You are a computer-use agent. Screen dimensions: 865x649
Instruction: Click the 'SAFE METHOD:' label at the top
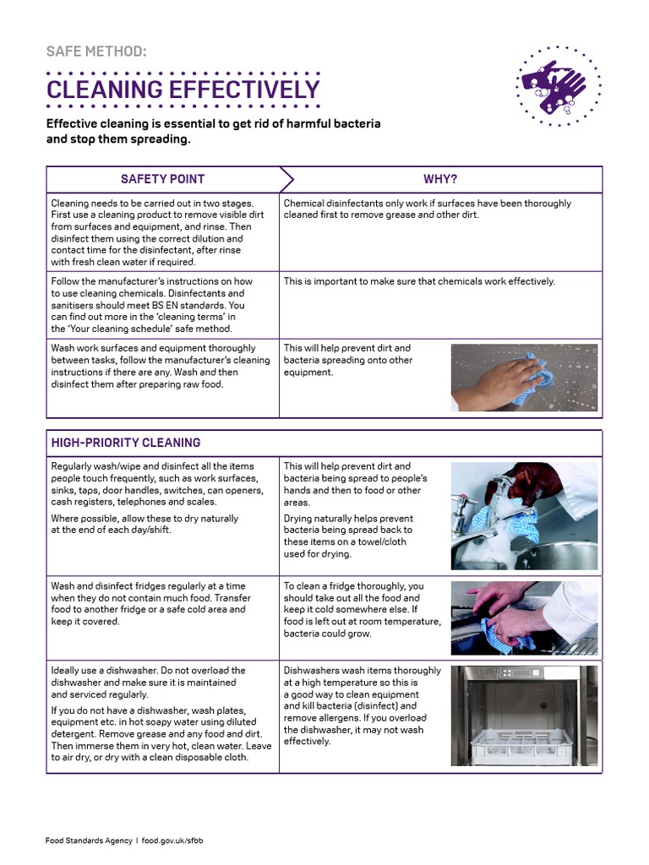click(x=95, y=52)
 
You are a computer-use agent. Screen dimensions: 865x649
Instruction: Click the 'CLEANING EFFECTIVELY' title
click(x=183, y=90)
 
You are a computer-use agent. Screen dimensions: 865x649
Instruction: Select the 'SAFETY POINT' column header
click(x=162, y=179)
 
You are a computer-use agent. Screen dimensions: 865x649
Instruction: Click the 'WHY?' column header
click(x=439, y=179)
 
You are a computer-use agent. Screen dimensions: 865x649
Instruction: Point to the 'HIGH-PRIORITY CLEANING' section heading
click(x=126, y=443)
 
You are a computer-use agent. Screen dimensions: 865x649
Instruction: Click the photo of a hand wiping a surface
click(x=524, y=377)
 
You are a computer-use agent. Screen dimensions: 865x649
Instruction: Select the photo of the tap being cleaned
click(x=524, y=515)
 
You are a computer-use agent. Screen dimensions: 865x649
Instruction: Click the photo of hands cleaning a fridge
click(x=524, y=618)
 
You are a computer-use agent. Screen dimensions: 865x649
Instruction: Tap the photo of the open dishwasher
click(x=524, y=715)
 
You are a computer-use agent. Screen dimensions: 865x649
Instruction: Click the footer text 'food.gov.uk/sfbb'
click(x=174, y=841)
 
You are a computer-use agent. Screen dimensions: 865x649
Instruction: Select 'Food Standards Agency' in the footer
click(x=88, y=841)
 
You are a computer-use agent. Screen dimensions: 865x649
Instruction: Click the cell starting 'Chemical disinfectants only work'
click(x=427, y=209)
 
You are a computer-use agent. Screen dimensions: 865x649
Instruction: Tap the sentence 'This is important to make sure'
click(x=419, y=281)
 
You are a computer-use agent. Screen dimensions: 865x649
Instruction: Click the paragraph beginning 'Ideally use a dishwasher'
click(x=149, y=682)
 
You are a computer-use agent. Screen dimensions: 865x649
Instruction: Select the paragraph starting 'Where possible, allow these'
click(x=145, y=524)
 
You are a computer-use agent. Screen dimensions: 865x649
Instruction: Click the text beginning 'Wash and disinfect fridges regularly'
click(x=149, y=603)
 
